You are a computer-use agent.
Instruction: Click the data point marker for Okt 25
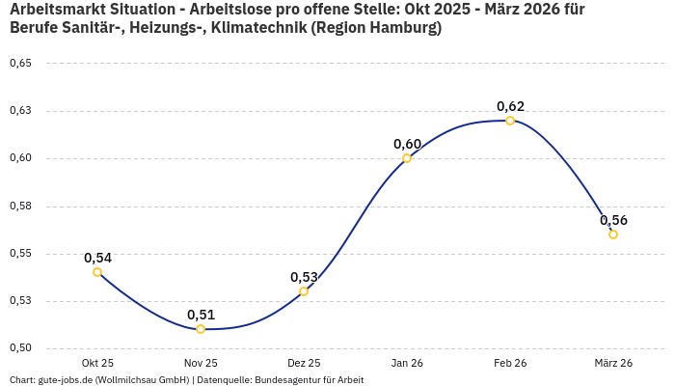[x=97, y=272]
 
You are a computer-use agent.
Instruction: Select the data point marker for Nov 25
[x=201, y=329]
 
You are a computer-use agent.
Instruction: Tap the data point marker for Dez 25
[x=304, y=291]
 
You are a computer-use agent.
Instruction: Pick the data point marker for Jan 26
[x=407, y=158]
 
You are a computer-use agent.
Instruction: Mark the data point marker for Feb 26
[x=510, y=121]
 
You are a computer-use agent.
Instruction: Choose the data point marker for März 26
[x=613, y=234]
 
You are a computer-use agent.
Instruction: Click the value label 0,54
[x=97, y=258]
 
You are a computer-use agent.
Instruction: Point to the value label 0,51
[x=201, y=315]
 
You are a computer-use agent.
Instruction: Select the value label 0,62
[x=510, y=106]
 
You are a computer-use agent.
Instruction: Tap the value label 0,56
[x=613, y=220]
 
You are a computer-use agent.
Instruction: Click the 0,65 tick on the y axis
[x=20, y=64]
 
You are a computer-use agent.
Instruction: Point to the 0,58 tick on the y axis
[x=20, y=207]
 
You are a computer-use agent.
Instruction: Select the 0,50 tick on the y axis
[x=20, y=348]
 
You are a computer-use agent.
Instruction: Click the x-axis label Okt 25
[x=97, y=363]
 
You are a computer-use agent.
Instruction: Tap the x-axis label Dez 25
[x=304, y=363]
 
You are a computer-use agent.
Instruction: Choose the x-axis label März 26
[x=613, y=363]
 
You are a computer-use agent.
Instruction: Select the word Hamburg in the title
[x=402, y=28]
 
